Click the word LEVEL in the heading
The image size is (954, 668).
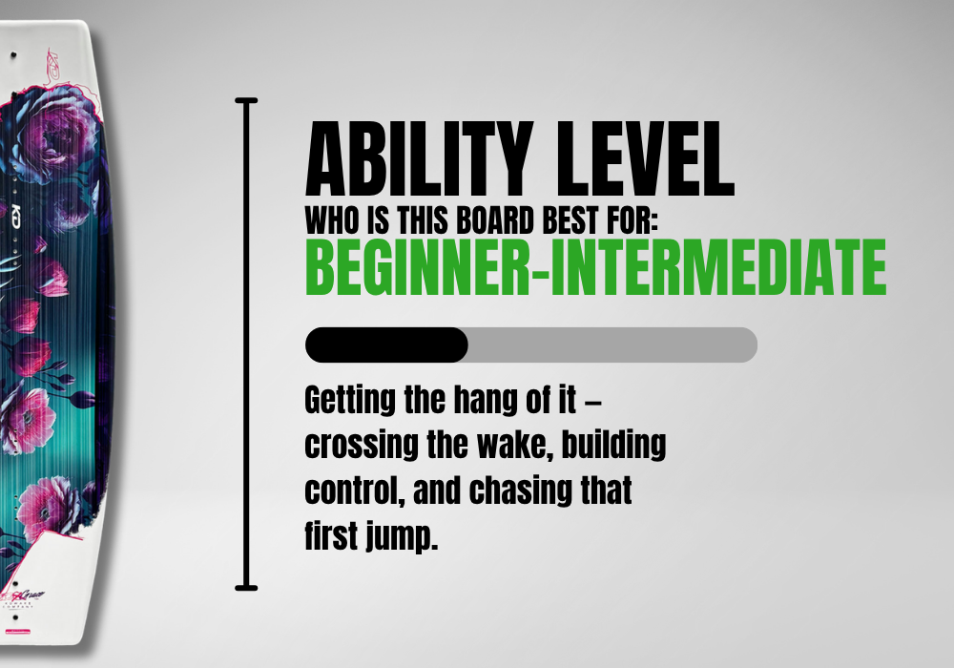646,158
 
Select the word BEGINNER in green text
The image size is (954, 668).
418,267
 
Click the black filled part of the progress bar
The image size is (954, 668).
386,344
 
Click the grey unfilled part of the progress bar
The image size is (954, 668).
612,344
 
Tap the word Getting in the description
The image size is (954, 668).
350,402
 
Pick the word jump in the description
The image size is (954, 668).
402,536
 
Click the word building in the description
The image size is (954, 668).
613,446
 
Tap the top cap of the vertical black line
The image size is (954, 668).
246,100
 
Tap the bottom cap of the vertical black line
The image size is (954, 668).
246,588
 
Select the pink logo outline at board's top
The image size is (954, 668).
52,65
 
